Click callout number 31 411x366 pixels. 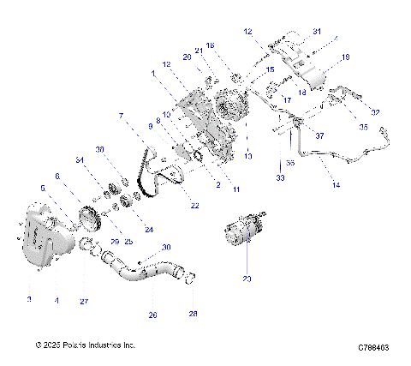point(316,32)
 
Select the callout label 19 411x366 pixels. point(346,57)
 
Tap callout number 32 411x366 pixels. point(373,111)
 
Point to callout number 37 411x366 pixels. point(319,135)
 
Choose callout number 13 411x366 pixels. point(248,156)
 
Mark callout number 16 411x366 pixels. point(211,45)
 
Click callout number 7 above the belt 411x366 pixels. point(122,115)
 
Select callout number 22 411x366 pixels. point(195,206)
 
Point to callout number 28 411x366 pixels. point(193,315)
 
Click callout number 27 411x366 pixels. point(84,301)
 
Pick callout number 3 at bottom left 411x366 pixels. point(28,299)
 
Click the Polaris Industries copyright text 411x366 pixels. point(86,345)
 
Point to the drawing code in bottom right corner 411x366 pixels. point(373,348)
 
